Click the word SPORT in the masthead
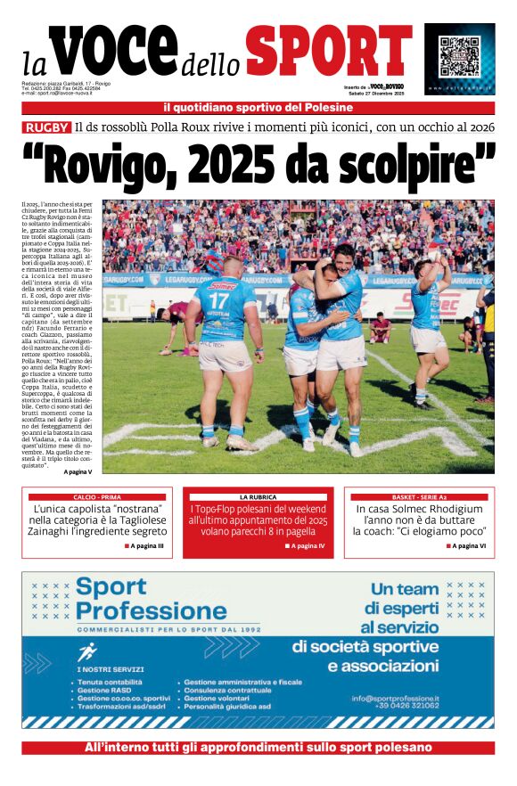329,53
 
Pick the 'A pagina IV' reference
305,545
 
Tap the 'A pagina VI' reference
468,545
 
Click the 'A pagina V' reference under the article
78,471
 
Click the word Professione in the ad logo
152,611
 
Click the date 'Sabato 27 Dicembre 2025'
375,93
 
